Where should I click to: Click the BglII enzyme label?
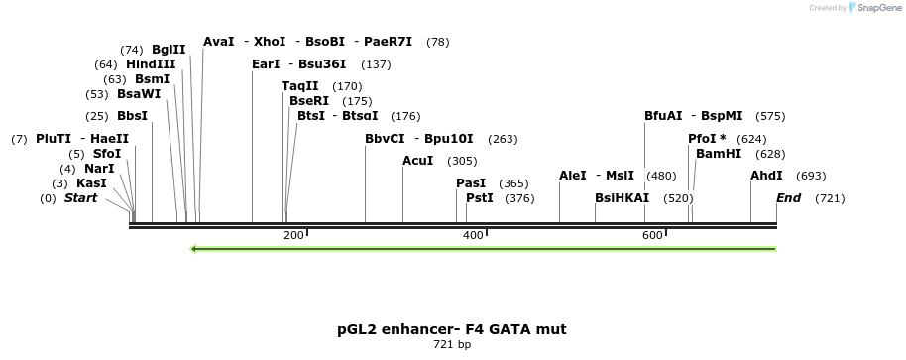tap(169, 50)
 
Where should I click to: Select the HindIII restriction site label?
tap(151, 64)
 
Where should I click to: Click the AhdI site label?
tap(766, 176)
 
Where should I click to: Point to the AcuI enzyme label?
tap(418, 161)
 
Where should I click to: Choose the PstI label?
tap(480, 198)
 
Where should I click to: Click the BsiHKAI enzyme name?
tap(622, 198)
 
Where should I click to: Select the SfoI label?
tap(107, 154)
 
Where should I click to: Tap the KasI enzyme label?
tap(91, 183)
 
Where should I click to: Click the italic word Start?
tap(81, 198)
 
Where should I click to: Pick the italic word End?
tap(788, 198)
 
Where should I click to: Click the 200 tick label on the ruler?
tap(293, 235)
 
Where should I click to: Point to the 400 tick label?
tap(473, 235)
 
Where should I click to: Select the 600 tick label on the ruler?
tap(652, 235)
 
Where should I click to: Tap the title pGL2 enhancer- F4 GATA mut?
tap(452, 328)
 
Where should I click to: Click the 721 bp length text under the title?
tap(452, 345)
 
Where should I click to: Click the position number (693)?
tap(811, 176)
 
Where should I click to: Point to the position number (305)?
tap(462, 161)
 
